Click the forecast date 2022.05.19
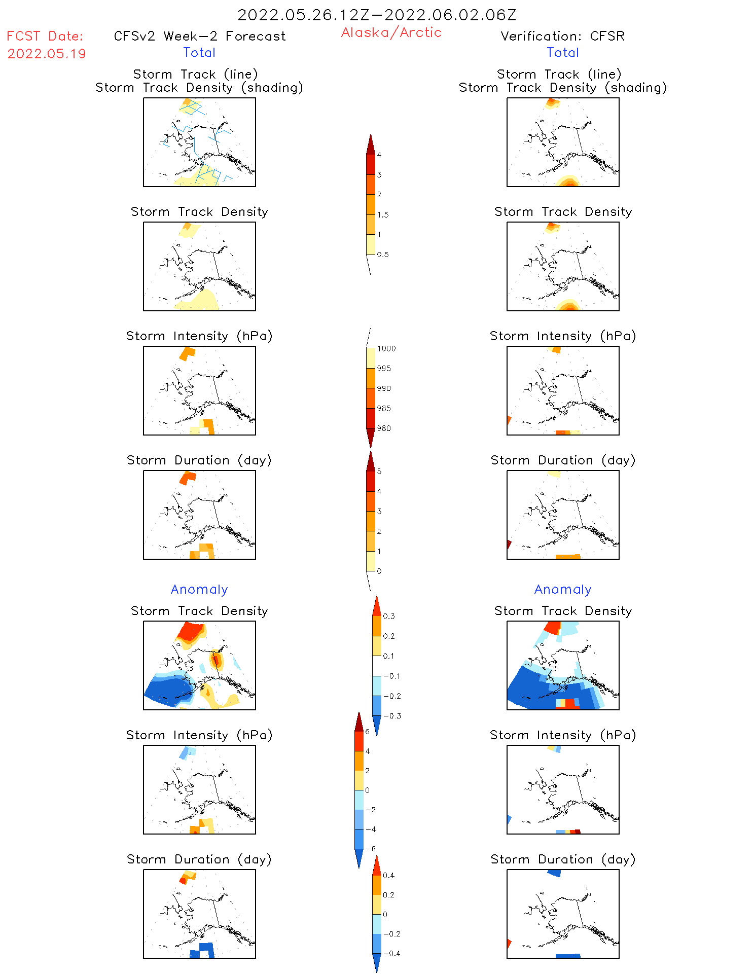(x=47, y=54)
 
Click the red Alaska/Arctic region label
(x=391, y=32)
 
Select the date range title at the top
(x=377, y=15)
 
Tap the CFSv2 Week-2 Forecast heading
(x=199, y=36)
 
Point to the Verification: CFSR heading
(x=562, y=36)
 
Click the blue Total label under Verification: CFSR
(x=562, y=52)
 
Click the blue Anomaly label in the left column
(x=199, y=589)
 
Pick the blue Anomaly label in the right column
(x=563, y=589)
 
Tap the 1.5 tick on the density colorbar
(x=383, y=214)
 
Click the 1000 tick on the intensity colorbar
(x=386, y=348)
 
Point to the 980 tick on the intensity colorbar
(x=384, y=428)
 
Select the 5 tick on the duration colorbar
(x=379, y=472)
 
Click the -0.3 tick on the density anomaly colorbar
(x=392, y=716)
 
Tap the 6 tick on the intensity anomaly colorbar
(x=368, y=732)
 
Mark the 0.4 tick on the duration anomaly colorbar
(x=388, y=875)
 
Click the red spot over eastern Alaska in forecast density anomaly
(x=216, y=660)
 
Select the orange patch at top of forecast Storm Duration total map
(x=188, y=477)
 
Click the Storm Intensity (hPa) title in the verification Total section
(x=562, y=336)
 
